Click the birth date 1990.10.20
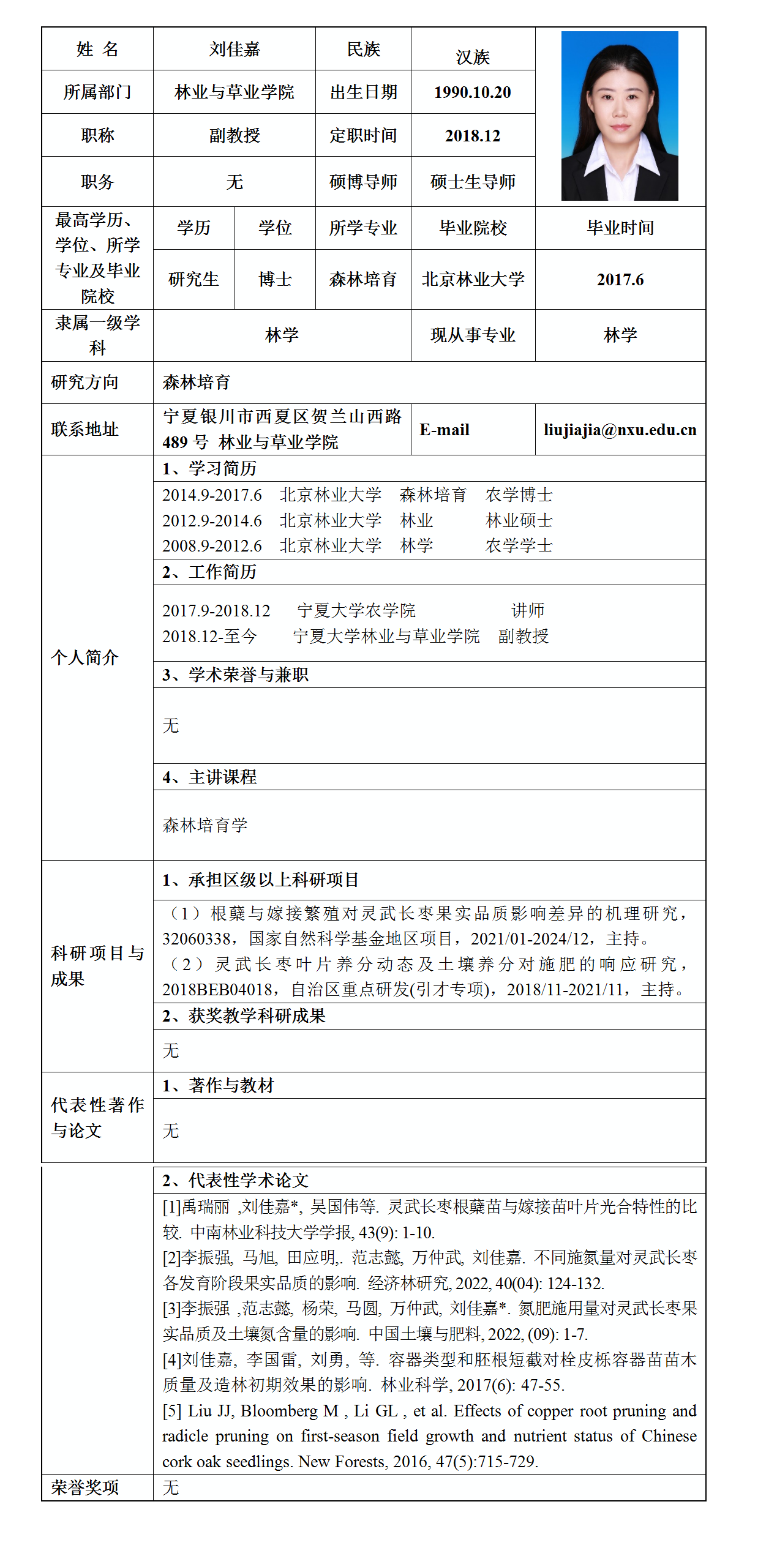coord(472,92)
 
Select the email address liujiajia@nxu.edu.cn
coord(620,430)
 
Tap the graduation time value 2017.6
coord(620,280)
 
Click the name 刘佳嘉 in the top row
coord(234,49)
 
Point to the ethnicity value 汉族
coord(473,57)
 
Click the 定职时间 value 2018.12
coord(472,136)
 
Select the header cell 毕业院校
coord(473,228)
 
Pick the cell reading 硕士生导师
coord(473,182)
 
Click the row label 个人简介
coord(84,657)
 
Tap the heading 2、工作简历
coord(209,572)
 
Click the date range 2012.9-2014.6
coord(212,521)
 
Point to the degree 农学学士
coord(519,545)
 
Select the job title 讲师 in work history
coord(528,610)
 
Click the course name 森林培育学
coord(205,825)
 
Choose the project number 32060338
coord(196,939)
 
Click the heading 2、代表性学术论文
coord(235,1180)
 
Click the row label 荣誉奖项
coord(84,1487)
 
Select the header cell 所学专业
coord(363,228)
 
